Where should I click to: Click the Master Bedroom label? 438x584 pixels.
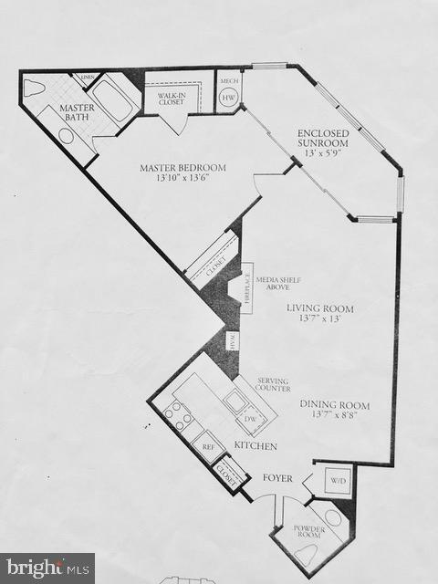tap(182, 168)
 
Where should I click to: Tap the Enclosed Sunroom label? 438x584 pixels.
tap(323, 140)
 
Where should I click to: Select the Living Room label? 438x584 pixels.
tap(319, 309)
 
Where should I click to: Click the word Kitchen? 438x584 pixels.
tap(255, 445)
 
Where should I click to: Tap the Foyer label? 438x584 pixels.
tap(277, 477)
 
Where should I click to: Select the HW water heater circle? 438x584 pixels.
tap(228, 99)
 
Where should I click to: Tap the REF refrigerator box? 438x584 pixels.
tap(209, 447)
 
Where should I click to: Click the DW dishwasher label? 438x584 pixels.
tap(250, 419)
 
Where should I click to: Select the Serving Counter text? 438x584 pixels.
tap(273, 384)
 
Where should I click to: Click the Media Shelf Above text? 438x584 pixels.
tap(277, 284)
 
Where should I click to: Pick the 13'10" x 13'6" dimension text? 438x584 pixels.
tap(182, 180)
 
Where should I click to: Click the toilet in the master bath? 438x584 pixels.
tap(34, 89)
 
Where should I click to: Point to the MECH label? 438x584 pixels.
tap(228, 81)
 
